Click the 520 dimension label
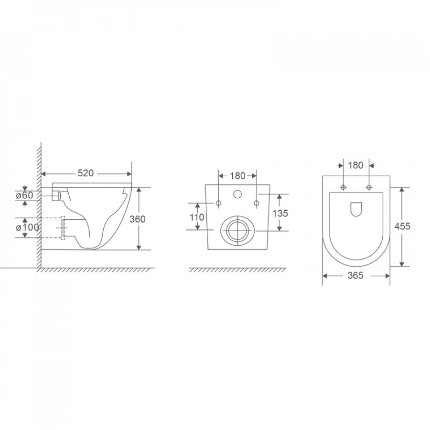tap(86, 173)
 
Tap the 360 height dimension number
tap(138, 219)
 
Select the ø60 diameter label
tap(24, 195)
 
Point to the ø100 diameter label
tap(27, 227)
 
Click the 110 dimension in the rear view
tap(197, 217)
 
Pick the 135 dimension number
tap(280, 213)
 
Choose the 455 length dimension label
tap(402, 226)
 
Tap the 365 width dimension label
tap(355, 275)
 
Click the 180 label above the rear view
tap(237, 176)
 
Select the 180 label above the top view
tap(355, 165)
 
